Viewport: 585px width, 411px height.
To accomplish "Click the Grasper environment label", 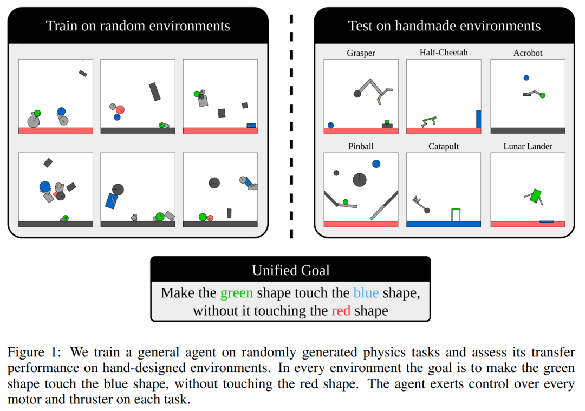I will pos(361,53).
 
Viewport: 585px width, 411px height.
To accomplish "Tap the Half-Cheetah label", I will pos(443,53).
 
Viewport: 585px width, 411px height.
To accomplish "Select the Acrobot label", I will pos(528,53).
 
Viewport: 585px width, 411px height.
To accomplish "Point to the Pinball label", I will pos(361,146).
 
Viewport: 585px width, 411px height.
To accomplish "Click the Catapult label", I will pos(443,147).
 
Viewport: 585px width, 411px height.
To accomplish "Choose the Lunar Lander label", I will pos(528,147).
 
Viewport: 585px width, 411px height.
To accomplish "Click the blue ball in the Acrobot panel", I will pos(526,78).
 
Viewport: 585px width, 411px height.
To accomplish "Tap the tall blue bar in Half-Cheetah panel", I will pos(478,119).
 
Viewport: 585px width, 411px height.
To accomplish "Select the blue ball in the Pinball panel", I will pos(376,164).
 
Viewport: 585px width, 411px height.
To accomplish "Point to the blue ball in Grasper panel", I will pos(330,125).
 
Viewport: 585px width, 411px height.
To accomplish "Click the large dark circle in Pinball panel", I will pos(360,179).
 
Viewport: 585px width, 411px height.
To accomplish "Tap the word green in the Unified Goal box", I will pos(236,293).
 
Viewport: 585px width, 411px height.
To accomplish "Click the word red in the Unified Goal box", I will pos(341,311).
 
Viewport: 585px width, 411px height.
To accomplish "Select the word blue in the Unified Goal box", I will pos(366,293).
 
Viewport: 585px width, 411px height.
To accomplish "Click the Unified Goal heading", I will pos(290,270).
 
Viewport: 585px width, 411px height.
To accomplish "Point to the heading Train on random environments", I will pos(138,26).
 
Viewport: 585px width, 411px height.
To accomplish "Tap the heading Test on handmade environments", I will pos(444,26).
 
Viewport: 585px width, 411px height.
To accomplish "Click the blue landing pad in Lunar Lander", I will pos(547,221).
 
